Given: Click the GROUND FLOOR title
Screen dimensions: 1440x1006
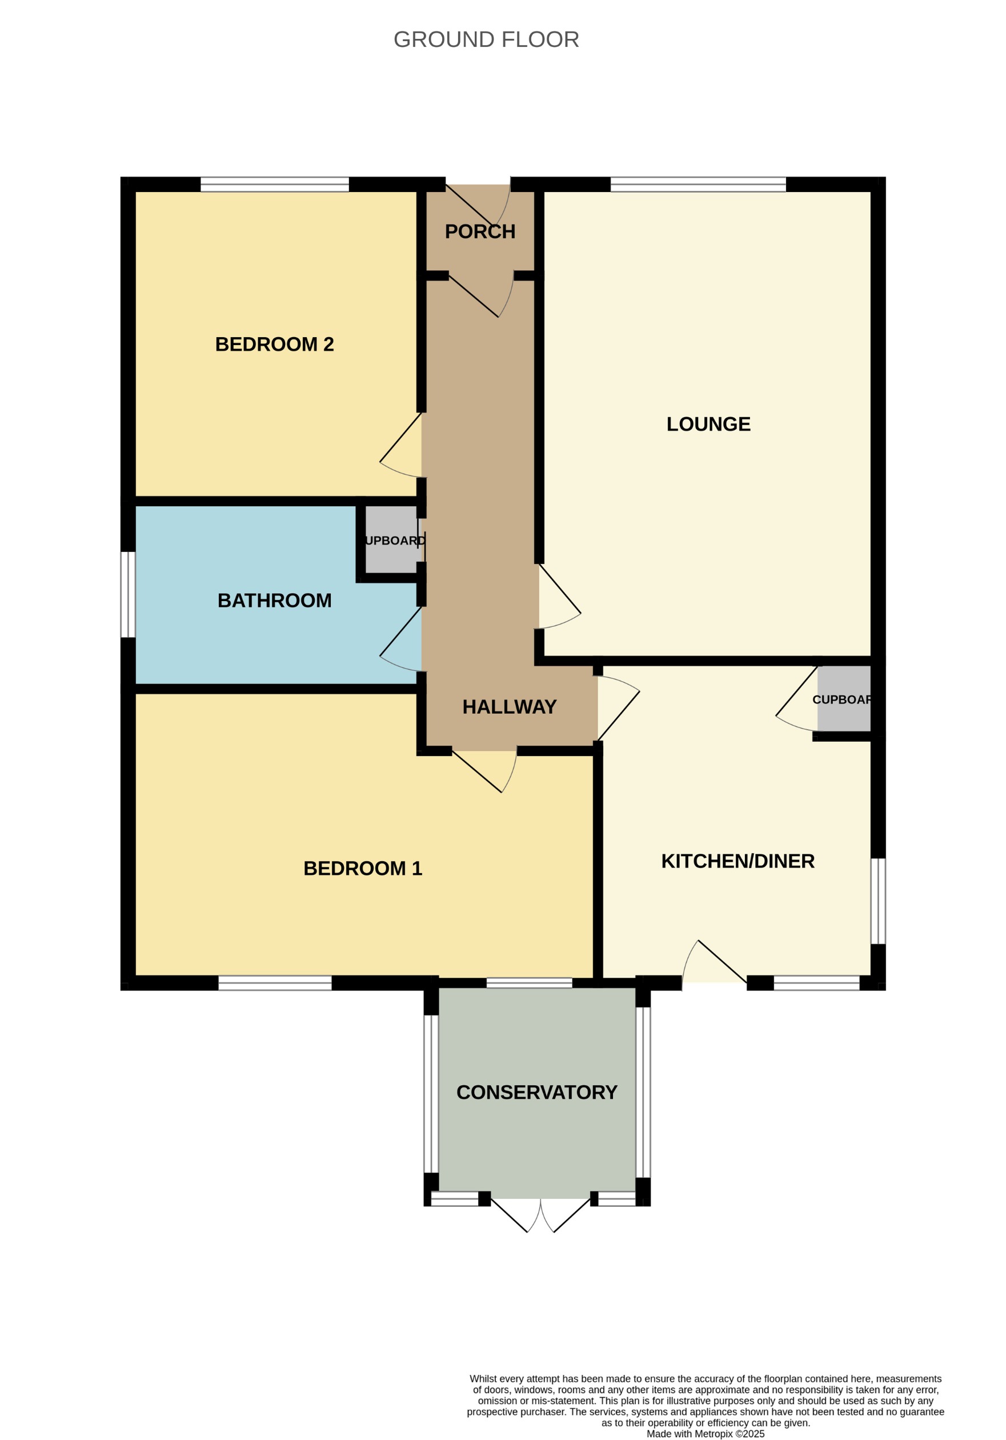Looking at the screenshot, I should click(486, 39).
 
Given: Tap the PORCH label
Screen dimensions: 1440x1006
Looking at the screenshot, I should click(480, 231).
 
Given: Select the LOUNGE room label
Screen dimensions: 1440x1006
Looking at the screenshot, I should click(708, 424).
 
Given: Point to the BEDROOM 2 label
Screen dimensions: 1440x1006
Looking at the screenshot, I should click(274, 345).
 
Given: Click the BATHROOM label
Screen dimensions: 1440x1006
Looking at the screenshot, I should click(274, 600).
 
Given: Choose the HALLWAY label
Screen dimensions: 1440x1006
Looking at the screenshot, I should click(509, 707).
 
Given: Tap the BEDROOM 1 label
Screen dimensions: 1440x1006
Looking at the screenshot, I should click(363, 868).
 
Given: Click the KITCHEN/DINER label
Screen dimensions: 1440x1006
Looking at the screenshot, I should click(738, 861).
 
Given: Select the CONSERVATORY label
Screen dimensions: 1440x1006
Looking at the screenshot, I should click(537, 1092).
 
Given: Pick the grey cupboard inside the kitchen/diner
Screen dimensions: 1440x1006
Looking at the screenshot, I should click(843, 699).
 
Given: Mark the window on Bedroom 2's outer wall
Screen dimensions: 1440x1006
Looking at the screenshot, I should click(274, 185).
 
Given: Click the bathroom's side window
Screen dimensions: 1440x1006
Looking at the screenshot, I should click(127, 594).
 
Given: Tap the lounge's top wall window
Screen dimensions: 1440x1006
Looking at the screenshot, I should click(698, 185).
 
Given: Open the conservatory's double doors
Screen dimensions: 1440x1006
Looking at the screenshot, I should click(540, 1214).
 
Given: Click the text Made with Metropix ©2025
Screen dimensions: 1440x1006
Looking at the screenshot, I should click(706, 1433).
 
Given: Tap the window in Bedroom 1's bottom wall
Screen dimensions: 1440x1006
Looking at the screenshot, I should click(274, 983).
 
